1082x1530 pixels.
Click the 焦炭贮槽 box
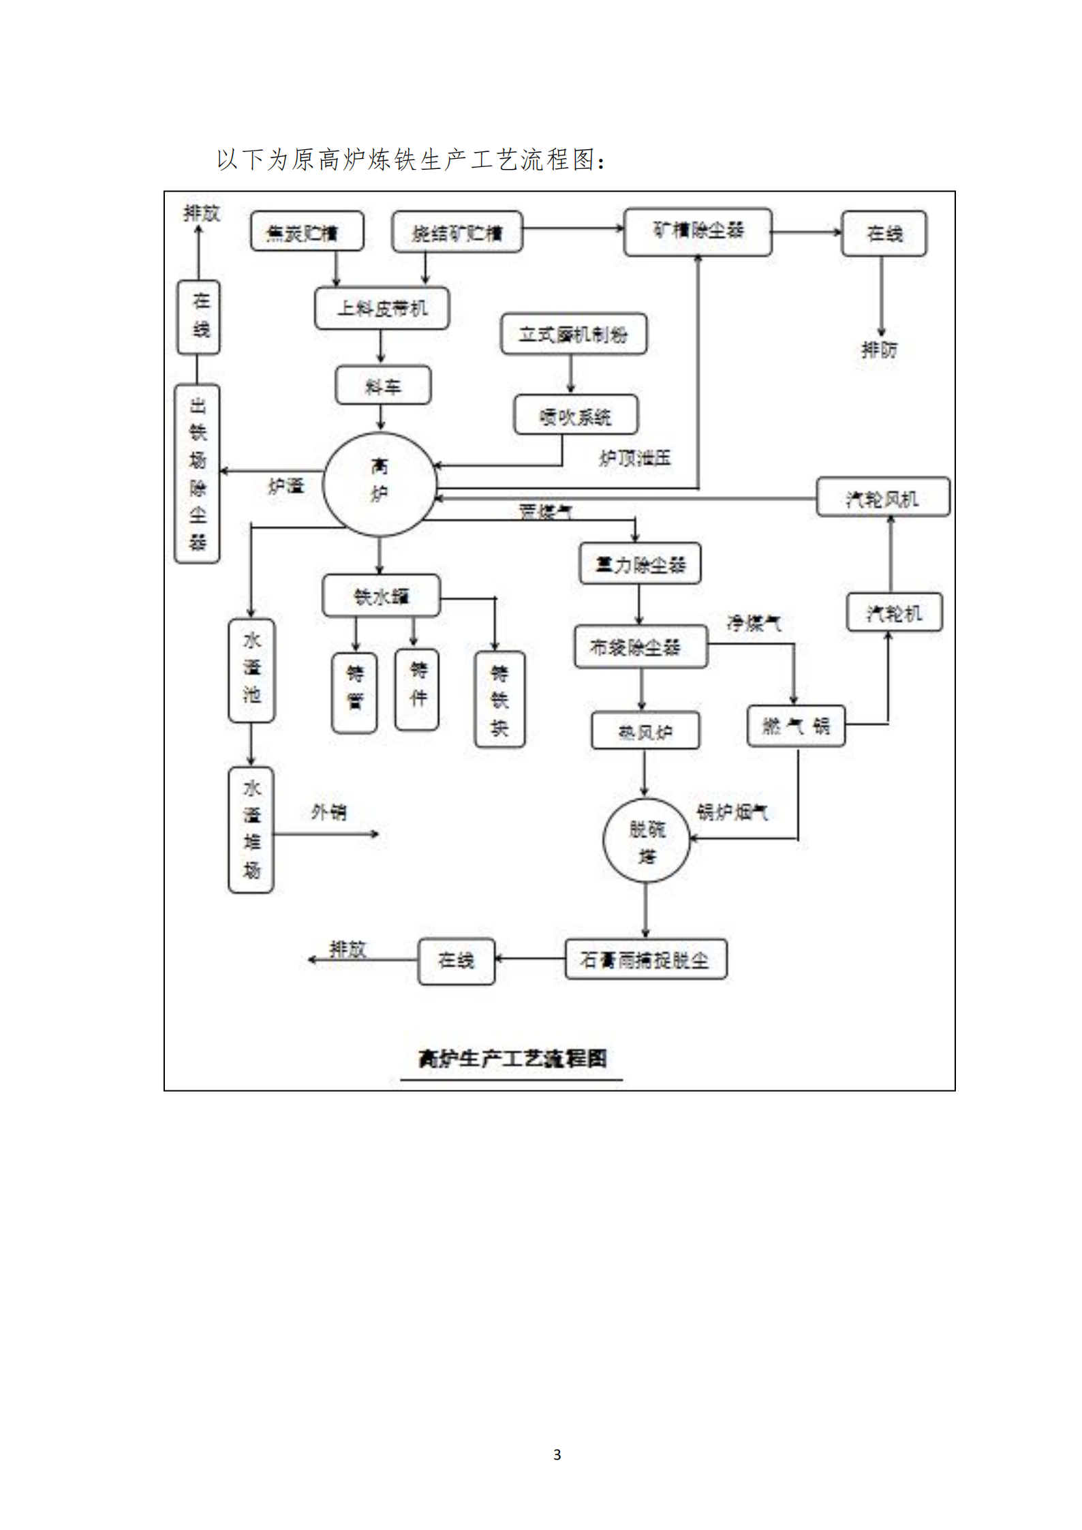307,232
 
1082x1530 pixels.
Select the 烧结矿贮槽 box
457,232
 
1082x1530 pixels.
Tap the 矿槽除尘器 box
698,232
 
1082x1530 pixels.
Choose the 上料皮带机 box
382,309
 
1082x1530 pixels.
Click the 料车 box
382,386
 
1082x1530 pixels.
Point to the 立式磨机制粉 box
573,334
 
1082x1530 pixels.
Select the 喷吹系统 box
575,415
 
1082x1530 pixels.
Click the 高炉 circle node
379,484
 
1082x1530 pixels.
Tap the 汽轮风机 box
882,497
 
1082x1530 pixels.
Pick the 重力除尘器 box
640,564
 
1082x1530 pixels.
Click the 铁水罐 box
381,596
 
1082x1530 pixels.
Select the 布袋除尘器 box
640,647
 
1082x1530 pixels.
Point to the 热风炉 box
645,731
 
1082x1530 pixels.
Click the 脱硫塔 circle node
646,840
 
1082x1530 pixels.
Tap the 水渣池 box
251,670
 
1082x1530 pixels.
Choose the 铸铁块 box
499,699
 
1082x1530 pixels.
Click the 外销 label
328,812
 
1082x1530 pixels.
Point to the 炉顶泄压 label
634,457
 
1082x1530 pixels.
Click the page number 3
557,1454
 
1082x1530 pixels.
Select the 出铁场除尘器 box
197,474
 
